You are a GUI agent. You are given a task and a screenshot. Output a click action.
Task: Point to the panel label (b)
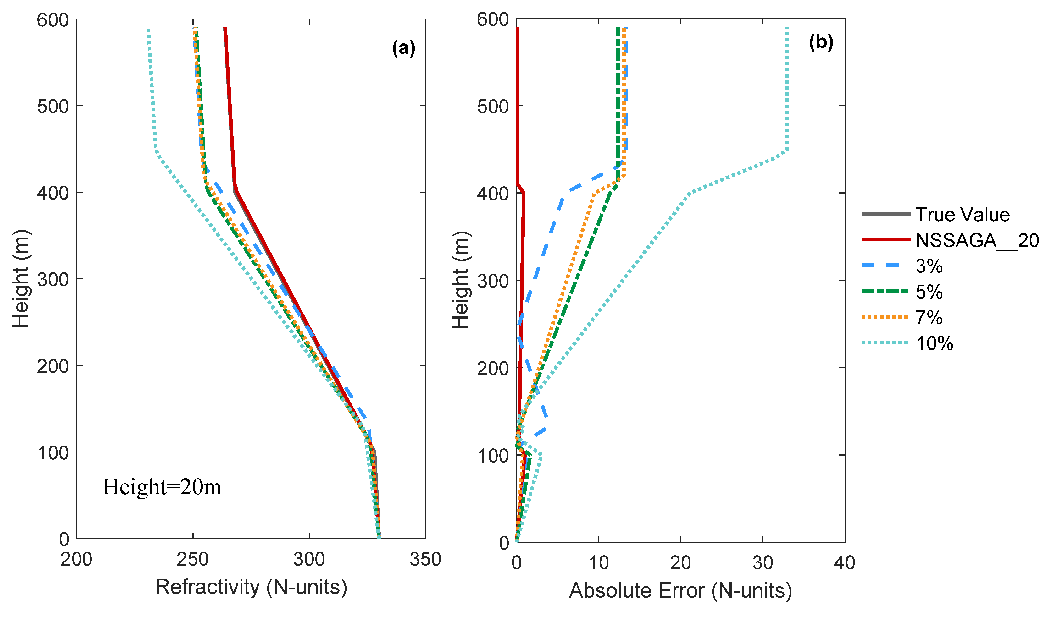click(x=821, y=42)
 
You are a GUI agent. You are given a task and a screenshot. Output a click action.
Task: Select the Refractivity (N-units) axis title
click(x=251, y=587)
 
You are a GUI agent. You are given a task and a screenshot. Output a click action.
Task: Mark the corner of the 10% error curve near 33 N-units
click(x=787, y=149)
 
